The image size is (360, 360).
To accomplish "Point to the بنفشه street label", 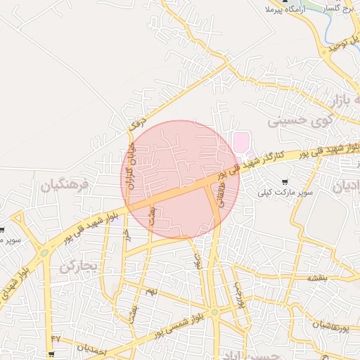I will point(316,278).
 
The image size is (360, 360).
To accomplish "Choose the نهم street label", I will point(151,290).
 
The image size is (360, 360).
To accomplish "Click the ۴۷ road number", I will point(56,338).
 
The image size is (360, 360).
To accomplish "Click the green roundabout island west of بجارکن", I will point(45,252).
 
